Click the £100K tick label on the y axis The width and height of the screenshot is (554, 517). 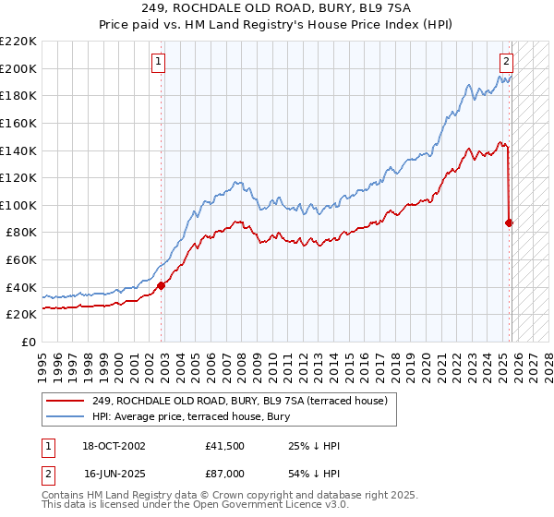tap(18, 205)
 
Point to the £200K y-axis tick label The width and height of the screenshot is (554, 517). tap(18, 68)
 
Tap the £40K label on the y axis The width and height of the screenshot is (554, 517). tap(21, 287)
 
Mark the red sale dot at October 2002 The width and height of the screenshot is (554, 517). tap(162, 285)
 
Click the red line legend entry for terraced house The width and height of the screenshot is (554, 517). tap(245, 400)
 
